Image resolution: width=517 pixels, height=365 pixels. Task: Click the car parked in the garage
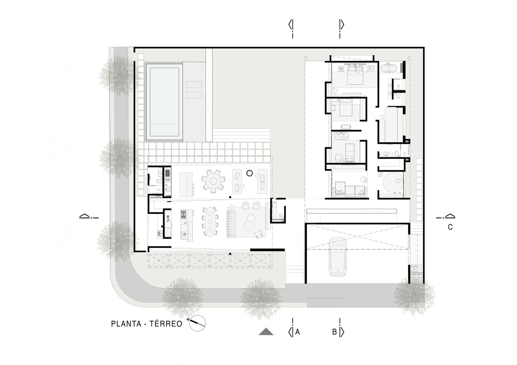(337, 257)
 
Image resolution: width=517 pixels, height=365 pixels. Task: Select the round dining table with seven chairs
(212, 180)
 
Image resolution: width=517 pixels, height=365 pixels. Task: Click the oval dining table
(210, 222)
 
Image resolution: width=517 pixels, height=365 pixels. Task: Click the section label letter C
(450, 227)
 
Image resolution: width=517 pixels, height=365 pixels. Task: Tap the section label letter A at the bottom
(298, 332)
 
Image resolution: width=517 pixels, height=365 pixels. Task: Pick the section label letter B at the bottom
(334, 332)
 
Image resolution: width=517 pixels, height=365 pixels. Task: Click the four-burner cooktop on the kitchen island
(183, 214)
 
